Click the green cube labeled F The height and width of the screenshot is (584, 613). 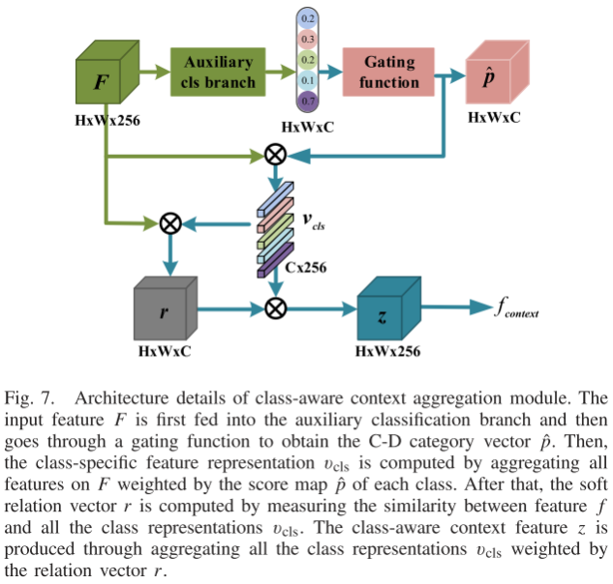(104, 84)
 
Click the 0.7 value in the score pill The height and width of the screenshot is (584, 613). (307, 101)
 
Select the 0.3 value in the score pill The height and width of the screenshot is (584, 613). (307, 39)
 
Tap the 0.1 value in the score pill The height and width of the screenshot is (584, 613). (307, 80)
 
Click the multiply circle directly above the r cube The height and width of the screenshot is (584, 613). (170, 224)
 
